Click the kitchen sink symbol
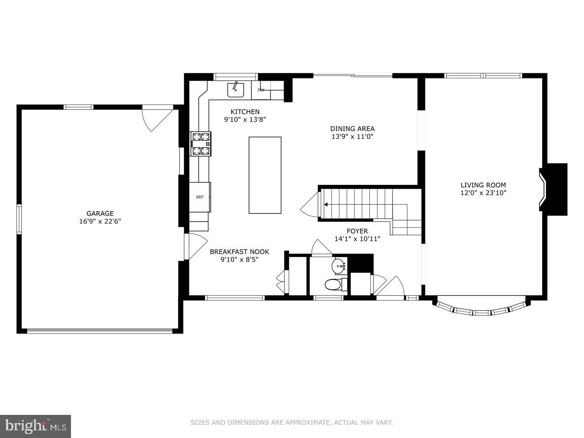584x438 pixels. (x=235, y=89)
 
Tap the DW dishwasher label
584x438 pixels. (x=261, y=90)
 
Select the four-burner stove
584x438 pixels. (x=202, y=144)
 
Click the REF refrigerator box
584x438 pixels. (x=200, y=197)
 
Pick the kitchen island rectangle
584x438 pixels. (x=265, y=175)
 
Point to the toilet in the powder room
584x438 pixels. (x=333, y=285)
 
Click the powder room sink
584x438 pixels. (x=339, y=266)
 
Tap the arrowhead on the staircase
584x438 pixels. (x=326, y=205)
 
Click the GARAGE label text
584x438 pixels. (x=100, y=213)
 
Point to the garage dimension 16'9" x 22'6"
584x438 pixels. (x=100, y=221)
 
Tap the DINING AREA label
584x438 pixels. (x=352, y=129)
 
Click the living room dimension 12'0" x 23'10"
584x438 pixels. (x=483, y=193)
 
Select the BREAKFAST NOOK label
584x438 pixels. (x=239, y=252)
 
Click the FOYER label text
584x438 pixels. (x=357, y=231)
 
